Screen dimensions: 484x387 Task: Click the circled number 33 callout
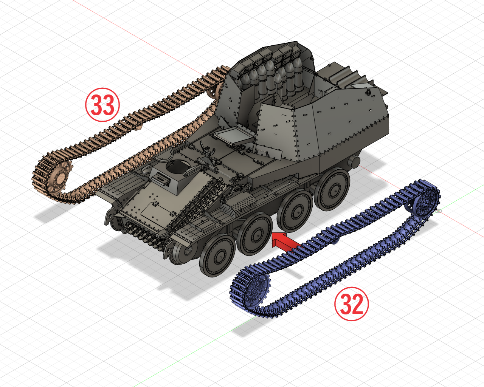point(102,105)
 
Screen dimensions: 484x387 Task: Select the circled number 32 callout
point(352,304)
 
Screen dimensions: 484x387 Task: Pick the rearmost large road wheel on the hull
point(332,189)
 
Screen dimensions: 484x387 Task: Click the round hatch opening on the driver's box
point(178,166)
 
